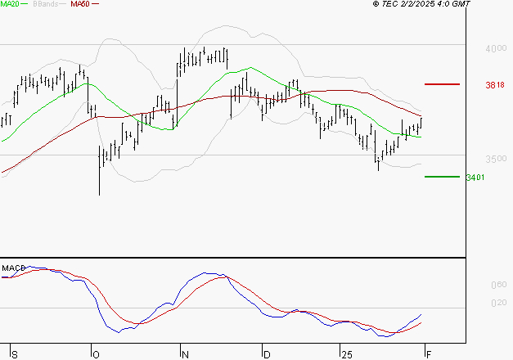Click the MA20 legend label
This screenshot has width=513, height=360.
(x=10, y=4)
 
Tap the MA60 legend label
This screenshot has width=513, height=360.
(x=80, y=4)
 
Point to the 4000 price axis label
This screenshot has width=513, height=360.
(x=496, y=49)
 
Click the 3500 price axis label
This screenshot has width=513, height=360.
(x=496, y=159)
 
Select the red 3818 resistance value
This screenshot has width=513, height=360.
(x=495, y=85)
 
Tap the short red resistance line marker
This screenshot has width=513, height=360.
(x=442, y=83)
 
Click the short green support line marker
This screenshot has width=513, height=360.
(x=442, y=176)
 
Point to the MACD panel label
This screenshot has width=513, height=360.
(x=13, y=268)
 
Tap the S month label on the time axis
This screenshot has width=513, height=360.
(x=13, y=353)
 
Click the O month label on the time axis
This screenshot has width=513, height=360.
(x=95, y=353)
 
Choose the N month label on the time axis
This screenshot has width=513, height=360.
(x=185, y=353)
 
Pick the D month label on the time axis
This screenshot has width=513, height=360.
(x=266, y=353)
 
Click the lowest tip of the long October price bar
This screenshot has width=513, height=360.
(x=100, y=195)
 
